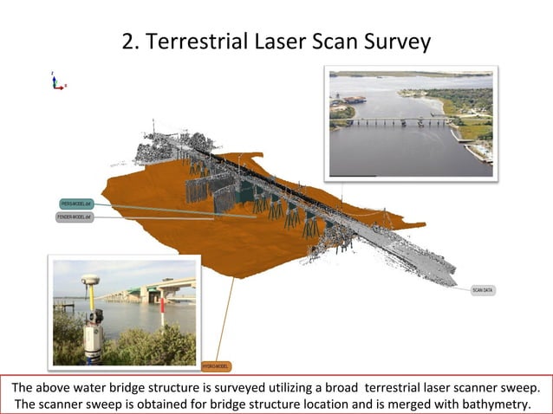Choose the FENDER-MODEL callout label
(x=75, y=217)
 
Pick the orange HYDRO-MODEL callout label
(x=215, y=365)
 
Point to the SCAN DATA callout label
(x=484, y=290)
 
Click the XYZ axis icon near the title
(x=56, y=82)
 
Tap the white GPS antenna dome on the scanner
(x=90, y=281)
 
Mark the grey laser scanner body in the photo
(x=93, y=333)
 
